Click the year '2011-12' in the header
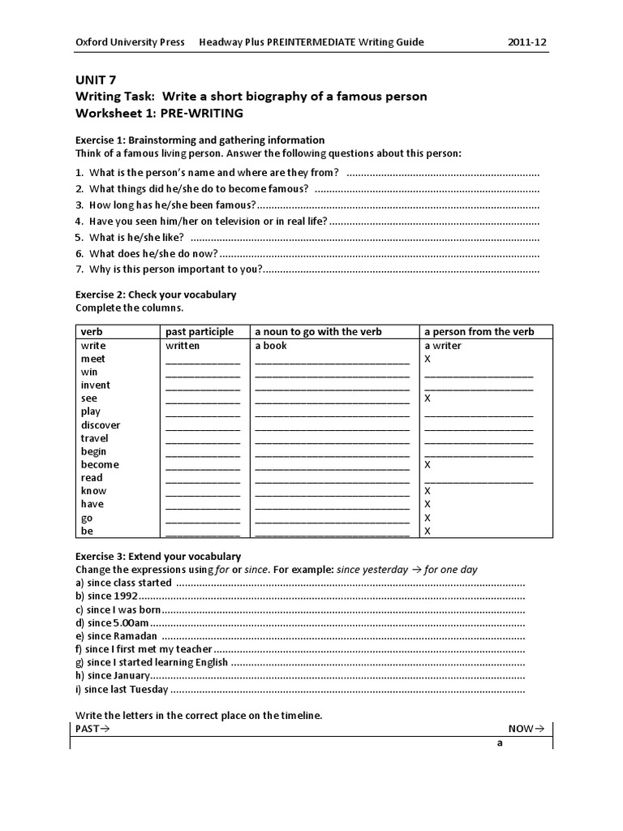pos(527,42)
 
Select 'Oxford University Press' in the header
pos(130,42)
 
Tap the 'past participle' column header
pos(200,332)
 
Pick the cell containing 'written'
pos(183,346)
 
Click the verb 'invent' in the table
pos(96,385)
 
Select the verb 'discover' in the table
pos(101,425)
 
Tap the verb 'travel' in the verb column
pos(94,438)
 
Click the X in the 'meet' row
pos(428,359)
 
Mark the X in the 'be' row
pos(428,532)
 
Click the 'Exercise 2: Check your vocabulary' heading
pos(156,295)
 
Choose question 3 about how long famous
pos(173,205)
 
